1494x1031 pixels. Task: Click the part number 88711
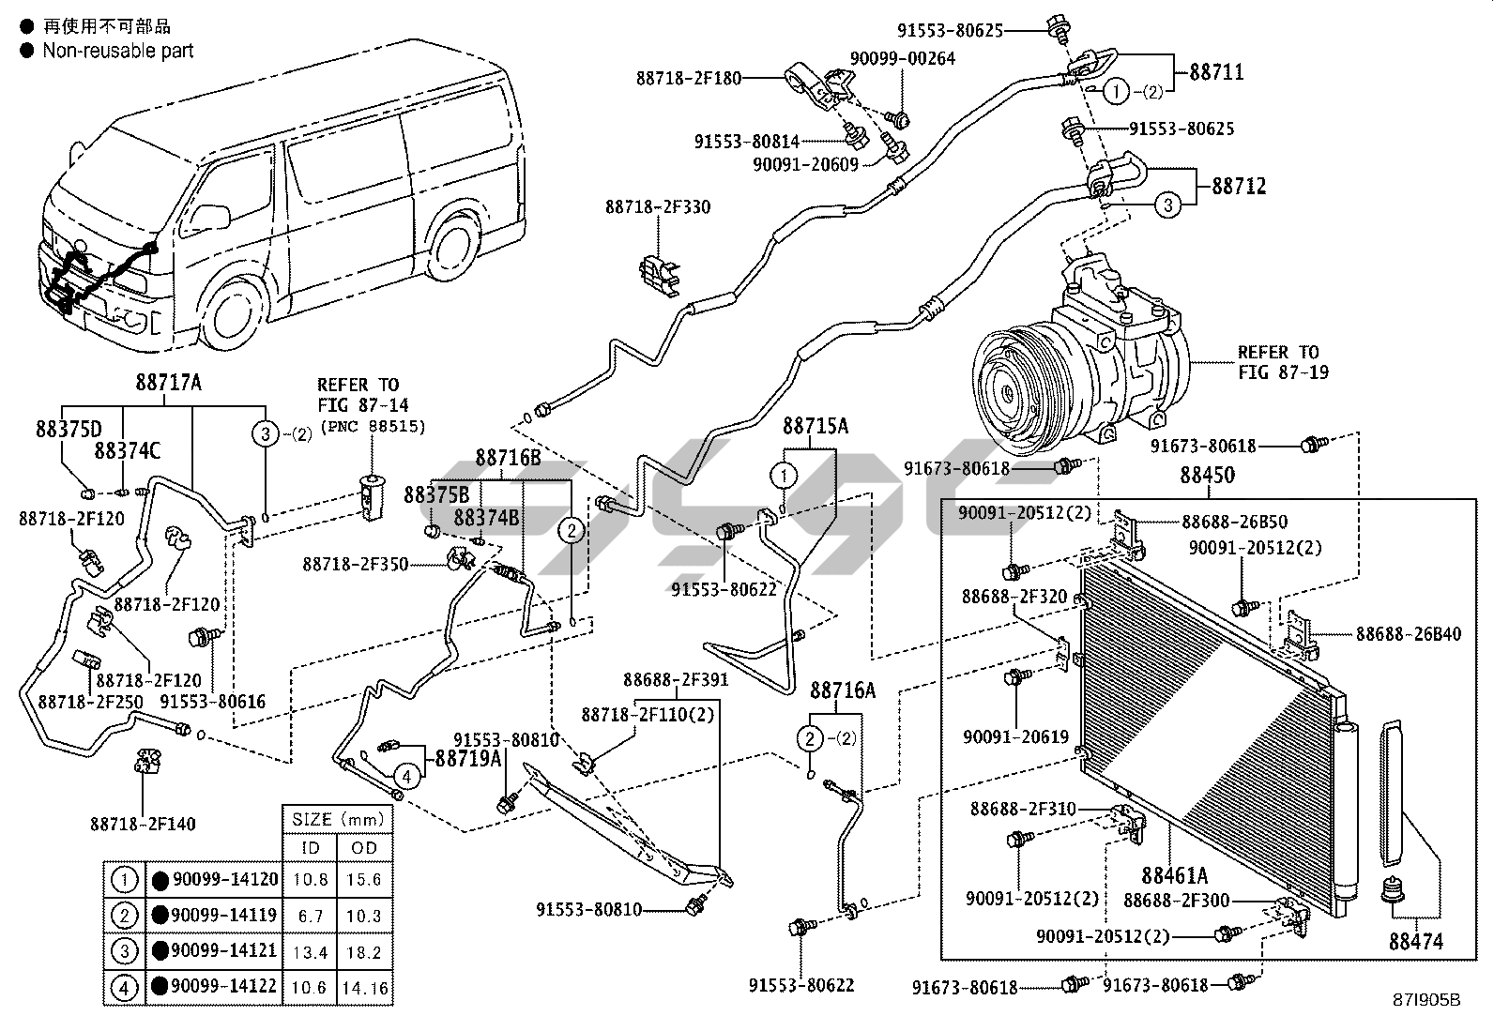pos(1216,72)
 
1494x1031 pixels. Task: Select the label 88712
pos(1238,186)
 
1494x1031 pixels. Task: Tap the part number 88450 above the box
pos(1207,476)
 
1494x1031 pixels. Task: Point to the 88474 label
pos(1415,942)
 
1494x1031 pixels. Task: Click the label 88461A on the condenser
pos(1174,876)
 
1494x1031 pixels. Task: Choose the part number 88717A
pos(169,383)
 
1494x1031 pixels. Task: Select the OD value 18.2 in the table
pos(364,951)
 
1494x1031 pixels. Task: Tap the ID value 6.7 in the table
pos(311,916)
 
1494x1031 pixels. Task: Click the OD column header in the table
pos(364,847)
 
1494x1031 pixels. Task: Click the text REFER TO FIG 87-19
pos(1277,362)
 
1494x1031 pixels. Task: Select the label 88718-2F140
pos(143,825)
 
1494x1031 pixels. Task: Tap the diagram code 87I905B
pos(1428,1000)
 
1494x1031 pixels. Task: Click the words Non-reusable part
pos(117,51)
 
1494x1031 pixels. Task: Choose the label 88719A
pos(468,759)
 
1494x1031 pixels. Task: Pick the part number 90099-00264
pos(902,59)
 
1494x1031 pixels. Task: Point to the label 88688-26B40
pos(1408,634)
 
